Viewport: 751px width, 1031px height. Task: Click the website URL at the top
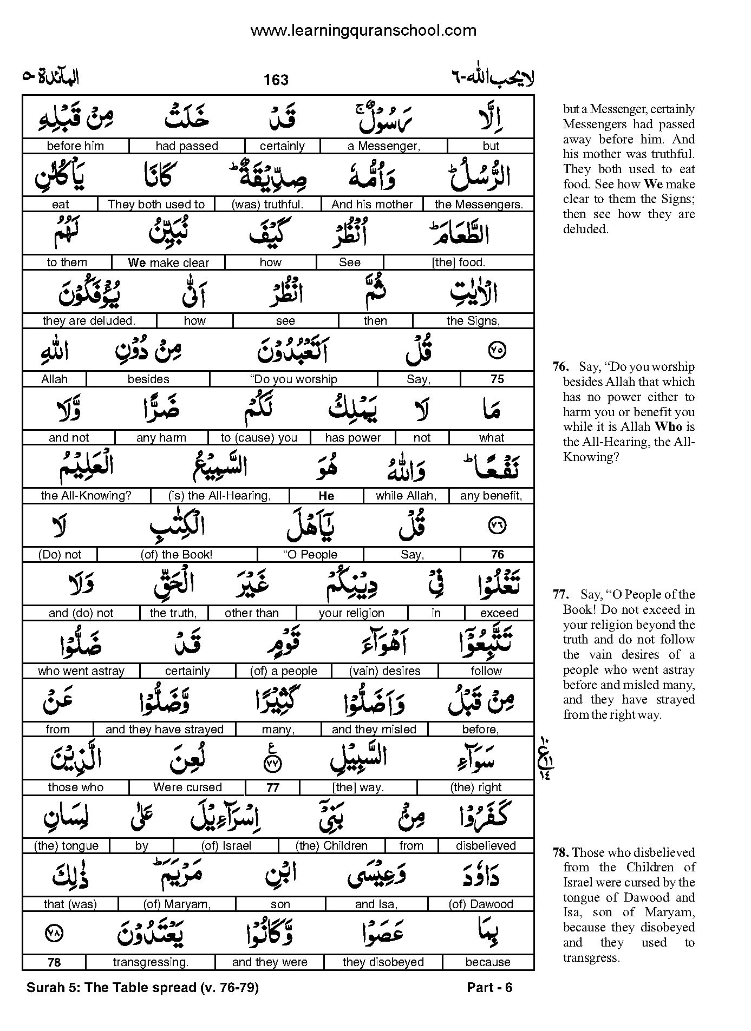tap(363, 31)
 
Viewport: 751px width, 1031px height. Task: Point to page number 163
tap(276, 80)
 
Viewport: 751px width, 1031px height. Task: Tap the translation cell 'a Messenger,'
tap(383, 146)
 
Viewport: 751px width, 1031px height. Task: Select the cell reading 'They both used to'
tap(156, 205)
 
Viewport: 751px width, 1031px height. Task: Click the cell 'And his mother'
tap(372, 205)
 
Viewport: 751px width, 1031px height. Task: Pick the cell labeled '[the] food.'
tap(458, 262)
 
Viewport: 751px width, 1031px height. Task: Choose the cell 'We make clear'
tap(168, 263)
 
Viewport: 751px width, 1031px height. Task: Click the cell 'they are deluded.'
tap(89, 321)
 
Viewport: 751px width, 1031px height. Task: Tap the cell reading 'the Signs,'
tap(473, 321)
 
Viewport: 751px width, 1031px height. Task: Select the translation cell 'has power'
tap(353, 438)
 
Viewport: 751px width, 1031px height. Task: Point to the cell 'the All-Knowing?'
tap(87, 496)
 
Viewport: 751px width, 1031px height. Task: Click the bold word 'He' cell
tap(326, 496)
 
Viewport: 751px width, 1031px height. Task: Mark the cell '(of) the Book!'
tap(177, 555)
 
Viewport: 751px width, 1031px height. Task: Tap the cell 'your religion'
tap(351, 613)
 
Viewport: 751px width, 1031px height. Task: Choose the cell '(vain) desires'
tap(386, 671)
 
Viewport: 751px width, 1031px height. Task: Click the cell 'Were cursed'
tap(187, 787)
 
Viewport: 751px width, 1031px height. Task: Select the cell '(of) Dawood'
tap(481, 904)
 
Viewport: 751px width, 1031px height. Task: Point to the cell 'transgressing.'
tap(151, 962)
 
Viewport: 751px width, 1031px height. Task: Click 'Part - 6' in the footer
tap(489, 988)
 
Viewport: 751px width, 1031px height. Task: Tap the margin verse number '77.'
tap(560, 595)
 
